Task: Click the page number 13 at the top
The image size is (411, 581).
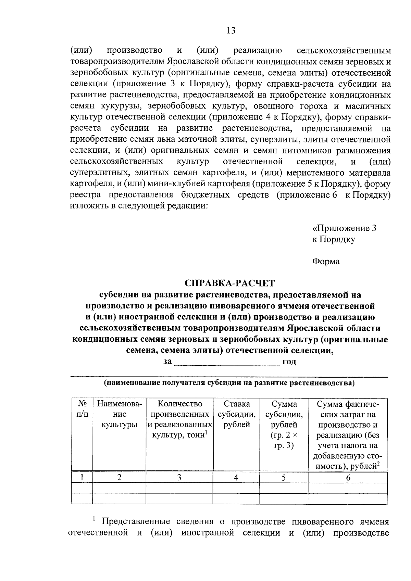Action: (x=231, y=31)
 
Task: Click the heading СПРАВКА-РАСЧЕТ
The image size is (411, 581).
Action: (x=229, y=283)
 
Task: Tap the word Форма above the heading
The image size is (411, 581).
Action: (x=326, y=262)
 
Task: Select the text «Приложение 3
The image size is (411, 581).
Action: (x=344, y=228)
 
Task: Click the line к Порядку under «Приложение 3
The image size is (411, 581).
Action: (x=333, y=239)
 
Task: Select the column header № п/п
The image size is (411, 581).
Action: (x=82, y=409)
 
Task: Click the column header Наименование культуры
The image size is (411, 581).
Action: (x=119, y=414)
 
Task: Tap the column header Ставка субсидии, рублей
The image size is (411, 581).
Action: (x=237, y=414)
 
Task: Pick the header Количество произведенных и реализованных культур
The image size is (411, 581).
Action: (x=180, y=419)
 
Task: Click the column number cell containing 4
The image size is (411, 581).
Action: (x=236, y=478)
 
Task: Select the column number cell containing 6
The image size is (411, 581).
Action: (x=348, y=478)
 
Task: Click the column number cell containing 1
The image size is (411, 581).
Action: (x=82, y=478)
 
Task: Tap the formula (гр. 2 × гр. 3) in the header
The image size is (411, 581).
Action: (x=284, y=441)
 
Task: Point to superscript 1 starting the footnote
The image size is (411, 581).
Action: (x=94, y=519)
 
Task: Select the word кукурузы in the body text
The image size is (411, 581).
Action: (x=119, y=106)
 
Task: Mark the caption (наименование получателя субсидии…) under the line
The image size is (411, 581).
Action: (x=229, y=383)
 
